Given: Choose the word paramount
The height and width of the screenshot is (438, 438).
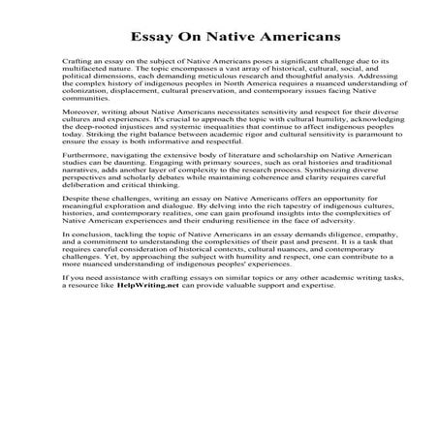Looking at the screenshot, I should point(333,173).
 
